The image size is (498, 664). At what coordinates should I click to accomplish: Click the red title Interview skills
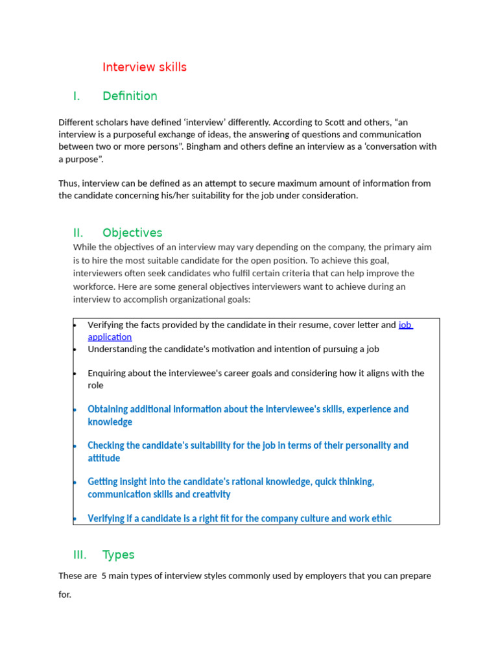click(145, 67)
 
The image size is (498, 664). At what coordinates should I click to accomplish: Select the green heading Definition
click(130, 96)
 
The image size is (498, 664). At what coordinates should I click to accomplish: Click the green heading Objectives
click(132, 233)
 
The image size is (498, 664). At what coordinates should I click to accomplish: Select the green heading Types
click(118, 554)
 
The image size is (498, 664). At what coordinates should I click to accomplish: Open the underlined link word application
click(110, 337)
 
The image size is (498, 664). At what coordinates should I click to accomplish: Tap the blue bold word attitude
click(104, 458)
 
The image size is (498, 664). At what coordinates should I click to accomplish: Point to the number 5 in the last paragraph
click(104, 576)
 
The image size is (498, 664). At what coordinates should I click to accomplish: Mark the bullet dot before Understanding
click(75, 349)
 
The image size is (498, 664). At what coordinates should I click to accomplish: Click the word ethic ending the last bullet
click(379, 518)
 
